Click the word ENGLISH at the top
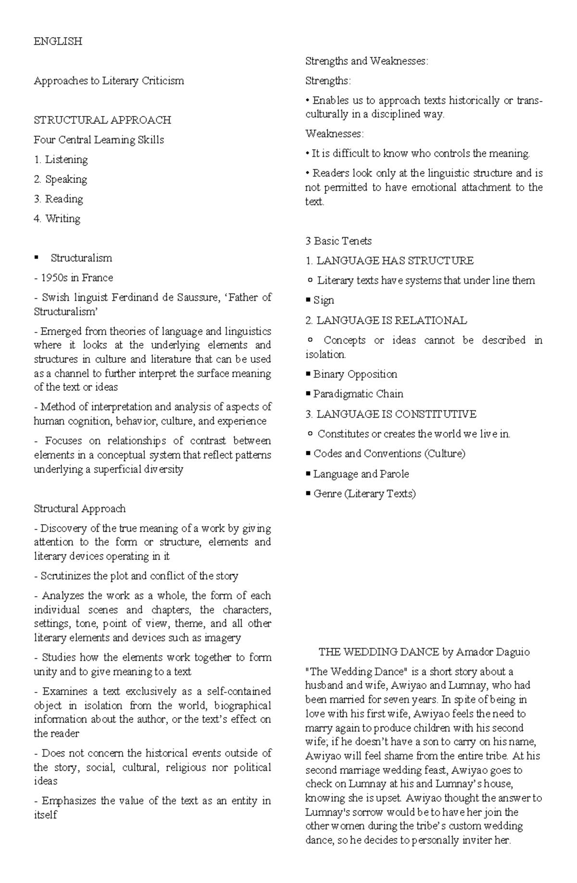(x=58, y=41)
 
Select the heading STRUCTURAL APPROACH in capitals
(x=102, y=120)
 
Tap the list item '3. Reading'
(x=58, y=199)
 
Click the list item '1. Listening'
(x=61, y=159)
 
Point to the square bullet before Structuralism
(x=37, y=258)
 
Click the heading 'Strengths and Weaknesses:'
(x=366, y=61)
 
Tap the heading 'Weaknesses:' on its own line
(x=335, y=133)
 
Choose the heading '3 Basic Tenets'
(x=338, y=241)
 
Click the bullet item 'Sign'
(x=323, y=300)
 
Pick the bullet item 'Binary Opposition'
(x=355, y=374)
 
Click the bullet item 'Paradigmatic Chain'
(x=358, y=394)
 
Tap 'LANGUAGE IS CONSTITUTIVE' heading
(x=396, y=414)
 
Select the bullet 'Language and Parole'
(x=361, y=474)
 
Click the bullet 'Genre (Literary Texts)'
(x=364, y=494)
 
